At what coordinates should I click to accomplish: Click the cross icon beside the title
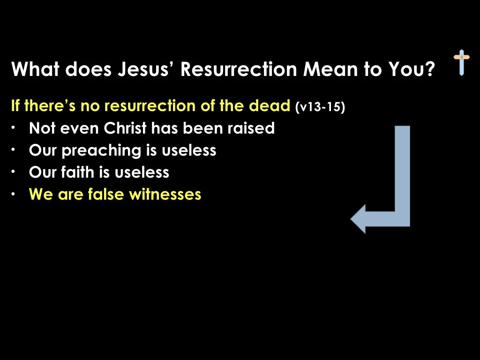(461, 62)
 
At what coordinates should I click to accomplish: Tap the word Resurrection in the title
(239, 70)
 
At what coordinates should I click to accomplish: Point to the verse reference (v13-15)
(321, 107)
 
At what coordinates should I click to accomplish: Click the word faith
(78, 172)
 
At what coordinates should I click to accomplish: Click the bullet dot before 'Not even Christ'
(15, 127)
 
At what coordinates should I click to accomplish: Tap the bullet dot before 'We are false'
(15, 194)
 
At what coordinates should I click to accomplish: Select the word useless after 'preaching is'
(189, 150)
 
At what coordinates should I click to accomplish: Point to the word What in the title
(36, 70)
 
